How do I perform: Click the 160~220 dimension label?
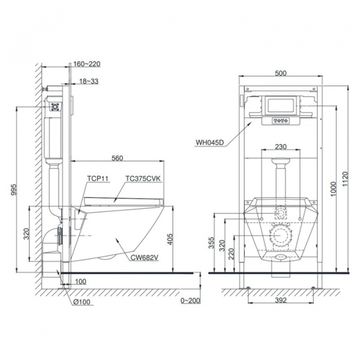[x=87, y=64]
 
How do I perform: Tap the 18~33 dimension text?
[x=89, y=81]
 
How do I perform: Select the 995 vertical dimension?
[x=14, y=189]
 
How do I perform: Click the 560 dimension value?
[x=117, y=158]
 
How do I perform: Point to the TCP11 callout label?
[x=98, y=178]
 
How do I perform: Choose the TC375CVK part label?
[x=143, y=178]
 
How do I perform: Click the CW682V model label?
[x=145, y=258]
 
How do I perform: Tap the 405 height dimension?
[x=170, y=239]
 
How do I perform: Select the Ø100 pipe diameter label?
[x=82, y=302]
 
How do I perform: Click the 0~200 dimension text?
[x=190, y=301]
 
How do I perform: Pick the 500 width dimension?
[x=281, y=73]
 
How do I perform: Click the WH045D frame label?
[x=209, y=143]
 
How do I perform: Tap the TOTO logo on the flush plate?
[x=281, y=121]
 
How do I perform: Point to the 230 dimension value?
[x=281, y=147]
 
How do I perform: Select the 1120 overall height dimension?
[x=346, y=179]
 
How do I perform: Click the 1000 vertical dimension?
[x=333, y=189]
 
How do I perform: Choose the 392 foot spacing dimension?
[x=281, y=300]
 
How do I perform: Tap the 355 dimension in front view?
[x=211, y=242]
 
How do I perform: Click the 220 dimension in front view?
[x=232, y=254]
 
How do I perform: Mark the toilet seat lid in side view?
[x=124, y=202]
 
